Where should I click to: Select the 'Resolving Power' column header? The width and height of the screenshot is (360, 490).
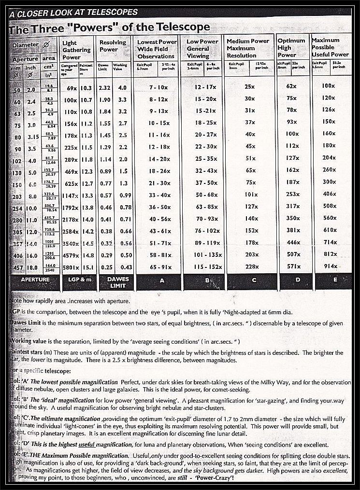coord(109,46)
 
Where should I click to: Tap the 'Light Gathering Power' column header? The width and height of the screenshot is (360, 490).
coord(76,50)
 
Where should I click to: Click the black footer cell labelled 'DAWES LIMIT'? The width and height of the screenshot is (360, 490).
coord(117,282)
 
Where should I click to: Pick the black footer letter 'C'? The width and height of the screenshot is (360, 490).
coord(254,280)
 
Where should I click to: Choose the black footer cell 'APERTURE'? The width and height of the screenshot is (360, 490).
coord(34,280)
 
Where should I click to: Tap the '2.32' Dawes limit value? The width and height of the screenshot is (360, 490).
coord(104,88)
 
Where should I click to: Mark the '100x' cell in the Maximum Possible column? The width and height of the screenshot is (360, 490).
coord(329,86)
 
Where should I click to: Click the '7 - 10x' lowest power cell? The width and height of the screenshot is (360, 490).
coord(158,88)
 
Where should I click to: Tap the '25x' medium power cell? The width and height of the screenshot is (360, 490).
coord(250,87)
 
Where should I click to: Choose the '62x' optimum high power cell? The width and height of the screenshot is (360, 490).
coord(291,86)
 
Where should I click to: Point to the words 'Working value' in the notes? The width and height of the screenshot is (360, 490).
coord(29,342)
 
